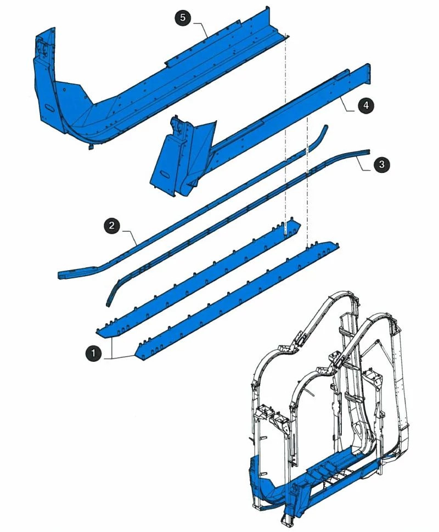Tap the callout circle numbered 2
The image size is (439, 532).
tap(112, 225)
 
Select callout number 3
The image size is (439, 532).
tap(382, 164)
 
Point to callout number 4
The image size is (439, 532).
tap(366, 106)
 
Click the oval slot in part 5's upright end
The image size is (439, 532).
tap(50, 105)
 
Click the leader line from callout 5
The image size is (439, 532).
tap(201, 27)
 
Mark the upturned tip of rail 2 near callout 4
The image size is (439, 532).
tap(324, 131)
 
